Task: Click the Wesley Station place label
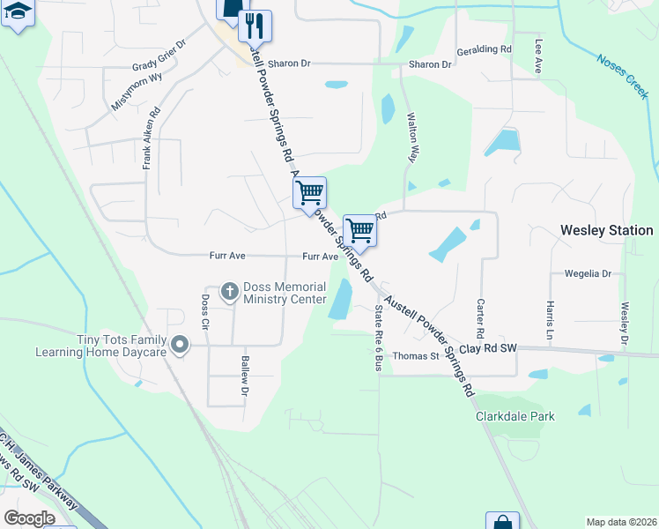(x=607, y=230)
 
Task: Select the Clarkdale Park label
(x=515, y=416)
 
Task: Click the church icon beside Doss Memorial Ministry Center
(x=230, y=290)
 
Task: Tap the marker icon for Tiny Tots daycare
(x=181, y=345)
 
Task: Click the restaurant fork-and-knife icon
(x=256, y=25)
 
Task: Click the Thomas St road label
(x=416, y=356)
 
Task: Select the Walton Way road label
(x=411, y=136)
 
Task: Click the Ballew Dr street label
(x=245, y=375)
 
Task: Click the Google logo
(x=30, y=518)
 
